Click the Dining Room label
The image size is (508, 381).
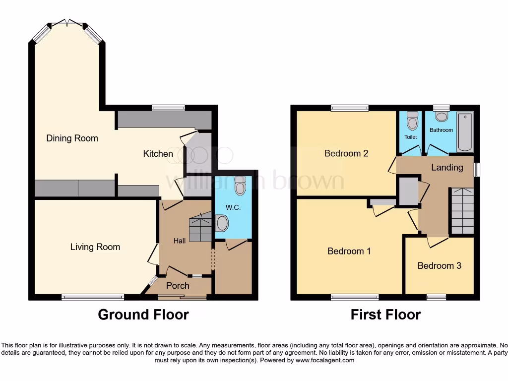coord(72,138)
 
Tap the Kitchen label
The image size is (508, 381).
coord(158,154)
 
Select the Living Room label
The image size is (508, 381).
coord(95,247)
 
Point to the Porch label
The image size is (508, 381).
coord(177,285)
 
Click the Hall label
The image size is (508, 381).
coord(180,241)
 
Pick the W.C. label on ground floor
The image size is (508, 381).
coord(233,207)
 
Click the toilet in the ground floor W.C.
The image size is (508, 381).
coord(240,185)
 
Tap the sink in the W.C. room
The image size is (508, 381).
coord(223,224)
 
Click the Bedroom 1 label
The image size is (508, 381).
coord(349,251)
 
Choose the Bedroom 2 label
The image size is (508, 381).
coord(346,153)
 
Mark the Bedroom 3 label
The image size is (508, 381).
coord(439,266)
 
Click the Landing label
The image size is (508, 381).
coord(446,167)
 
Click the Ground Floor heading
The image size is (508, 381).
coord(143,315)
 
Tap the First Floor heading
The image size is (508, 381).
coord(385,315)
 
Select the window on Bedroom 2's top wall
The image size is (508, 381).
coord(350,108)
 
